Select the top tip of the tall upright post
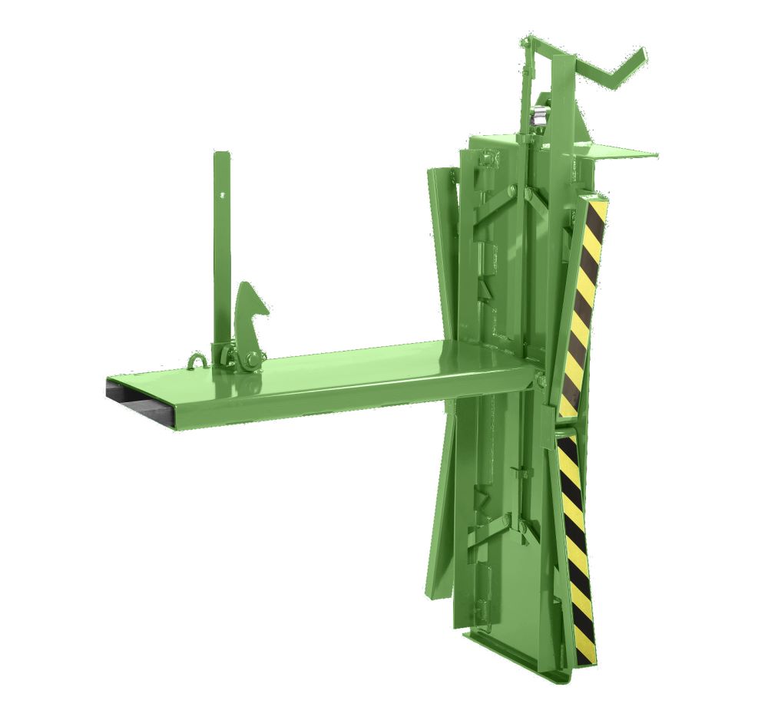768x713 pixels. coord(222,154)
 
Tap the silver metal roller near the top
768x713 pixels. coord(541,116)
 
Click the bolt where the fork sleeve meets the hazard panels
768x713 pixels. coord(541,379)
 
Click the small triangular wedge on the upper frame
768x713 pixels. coord(485,287)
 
